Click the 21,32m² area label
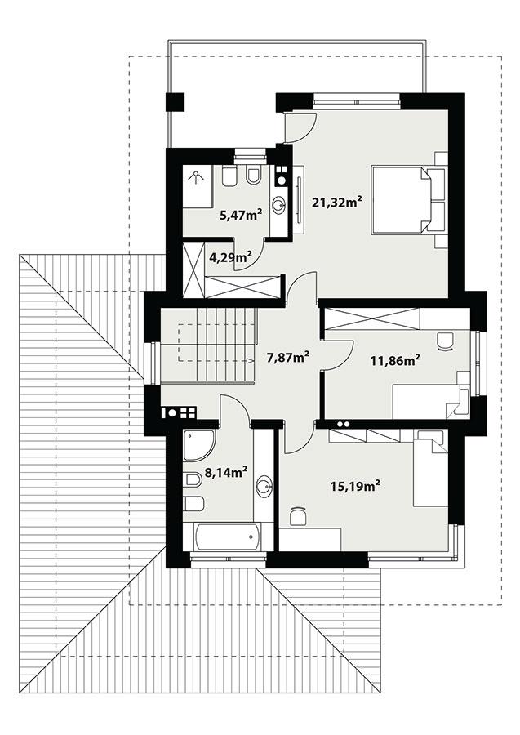tap(336, 201)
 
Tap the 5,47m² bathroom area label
tap(240, 216)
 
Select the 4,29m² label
tap(229, 258)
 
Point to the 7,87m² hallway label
tap(287, 356)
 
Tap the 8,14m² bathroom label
tap(226, 472)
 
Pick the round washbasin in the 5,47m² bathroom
tap(280, 205)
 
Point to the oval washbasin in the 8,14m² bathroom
tap(264, 488)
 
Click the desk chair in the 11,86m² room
tap(445, 341)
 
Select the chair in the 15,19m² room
tap(297, 516)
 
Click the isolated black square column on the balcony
tap(176, 102)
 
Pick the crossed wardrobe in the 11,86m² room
tap(372, 319)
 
